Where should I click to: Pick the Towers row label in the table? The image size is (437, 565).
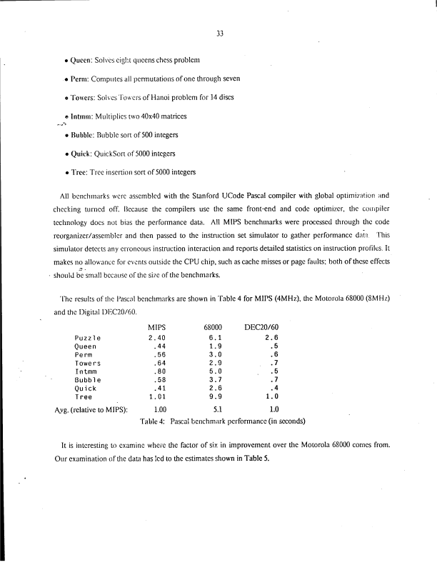88,363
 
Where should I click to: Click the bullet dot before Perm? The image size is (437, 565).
66,78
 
